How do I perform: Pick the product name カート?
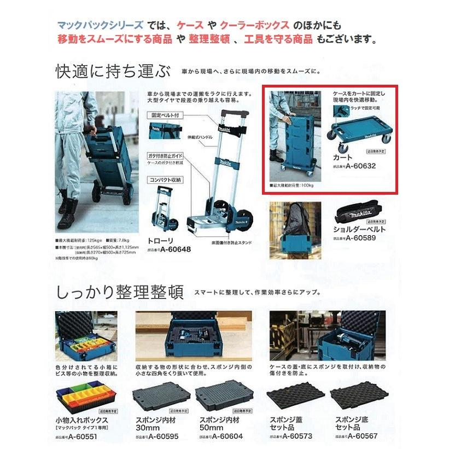[342, 157]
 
